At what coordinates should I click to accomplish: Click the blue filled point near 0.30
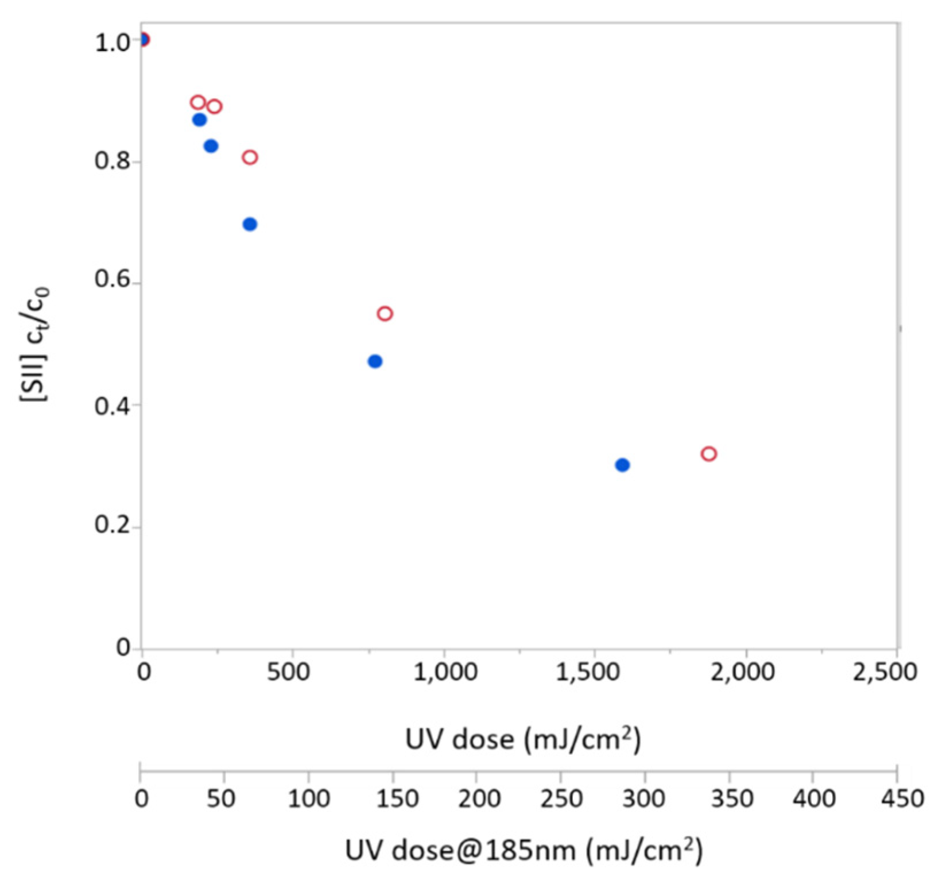pos(622,465)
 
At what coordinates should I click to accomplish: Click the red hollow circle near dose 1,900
pos(709,454)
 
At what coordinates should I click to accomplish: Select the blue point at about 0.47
pos(375,361)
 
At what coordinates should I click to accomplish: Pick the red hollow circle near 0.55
pos(385,314)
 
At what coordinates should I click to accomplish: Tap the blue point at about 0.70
pos(250,224)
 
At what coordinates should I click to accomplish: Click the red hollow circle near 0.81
pos(250,157)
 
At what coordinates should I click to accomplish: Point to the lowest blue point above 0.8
pos(211,146)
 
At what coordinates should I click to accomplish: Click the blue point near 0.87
pos(199,120)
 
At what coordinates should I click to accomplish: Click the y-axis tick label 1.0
pos(112,43)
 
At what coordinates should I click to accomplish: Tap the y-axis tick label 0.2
pos(112,524)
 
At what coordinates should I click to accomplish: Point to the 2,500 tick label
pos(885,672)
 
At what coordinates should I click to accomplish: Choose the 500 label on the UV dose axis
pos(289,672)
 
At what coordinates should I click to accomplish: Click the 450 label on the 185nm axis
pos(902,798)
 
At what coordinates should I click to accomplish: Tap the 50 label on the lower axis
pos(220,798)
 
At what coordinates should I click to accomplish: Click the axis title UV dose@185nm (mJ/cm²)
pos(524,850)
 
